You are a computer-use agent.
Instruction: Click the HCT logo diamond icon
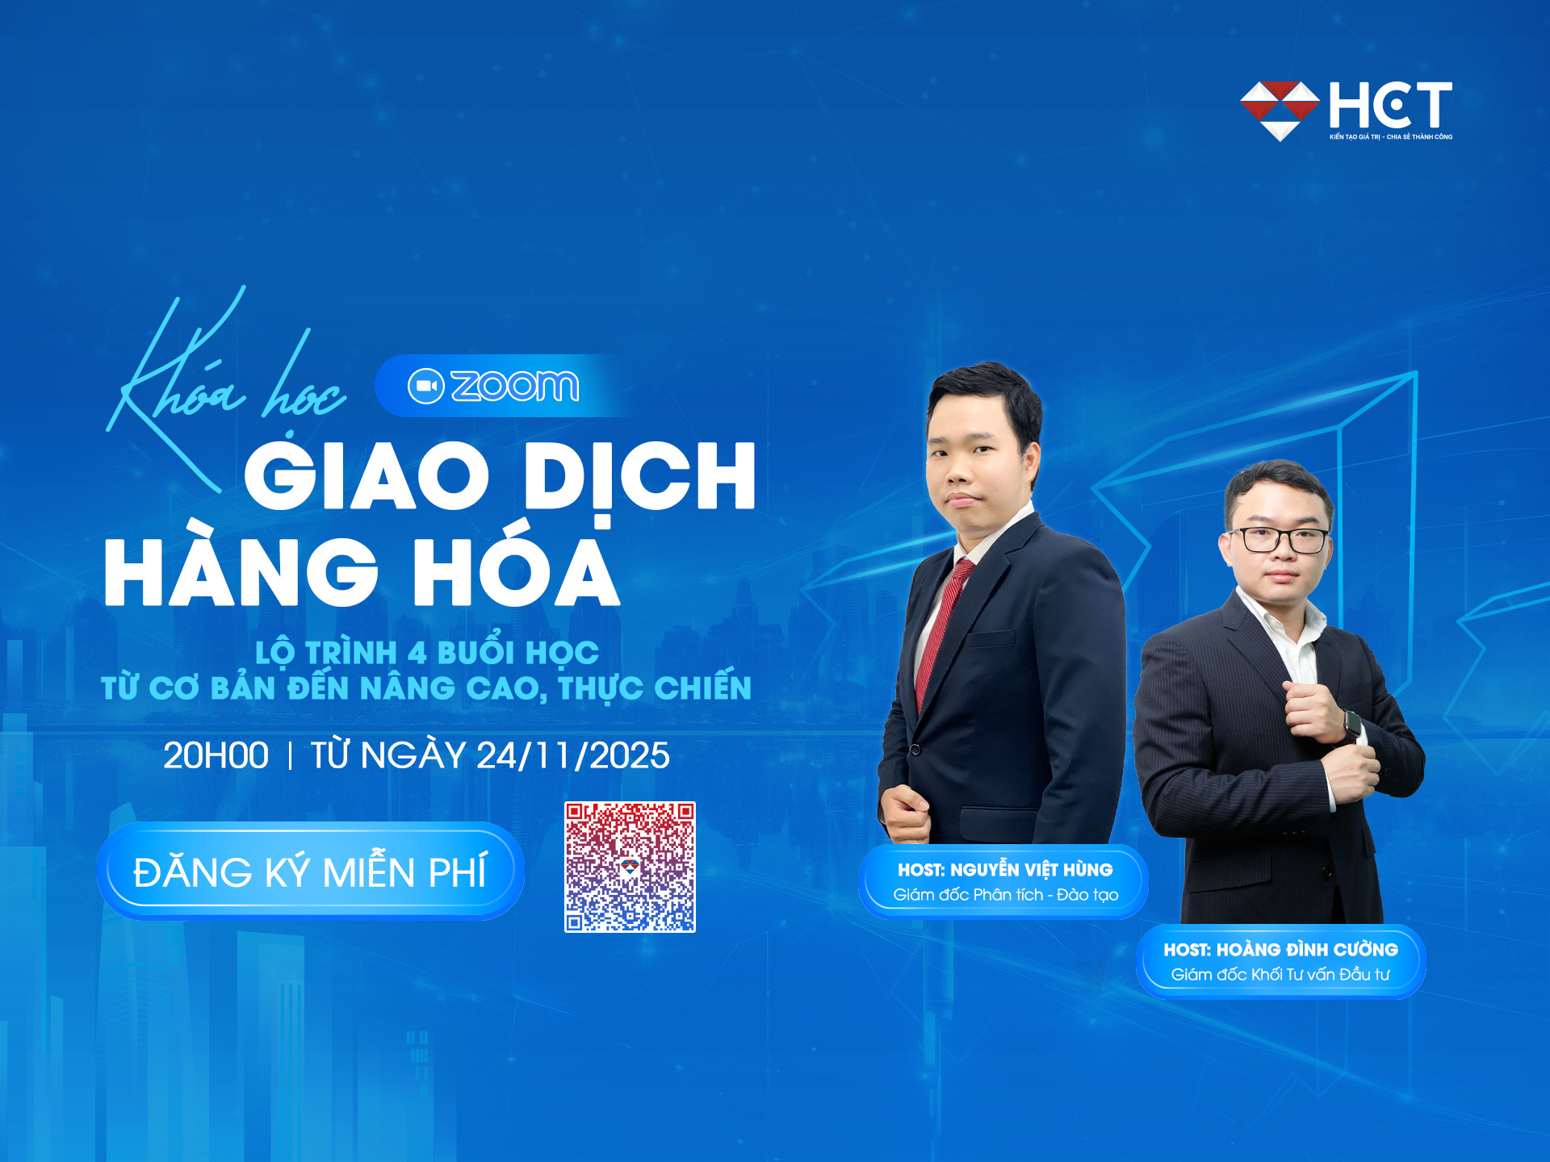coord(1280,110)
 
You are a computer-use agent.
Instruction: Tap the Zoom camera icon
coord(425,387)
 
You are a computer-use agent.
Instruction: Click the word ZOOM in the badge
coord(515,387)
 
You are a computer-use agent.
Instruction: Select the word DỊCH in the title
coord(639,477)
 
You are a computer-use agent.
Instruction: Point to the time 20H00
coord(216,756)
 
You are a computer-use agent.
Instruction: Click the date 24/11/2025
coord(572,756)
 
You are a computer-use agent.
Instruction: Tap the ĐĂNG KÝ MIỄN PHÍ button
coord(311,871)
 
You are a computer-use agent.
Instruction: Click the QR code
coord(630,867)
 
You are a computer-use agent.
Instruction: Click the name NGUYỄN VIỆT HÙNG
coord(1031,870)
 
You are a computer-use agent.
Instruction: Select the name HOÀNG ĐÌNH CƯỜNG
coord(1306,950)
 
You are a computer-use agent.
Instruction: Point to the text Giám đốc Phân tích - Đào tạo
coord(1005,895)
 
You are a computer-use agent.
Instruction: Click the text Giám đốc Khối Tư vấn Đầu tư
coord(1280,975)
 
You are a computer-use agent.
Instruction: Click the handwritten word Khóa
coord(178,379)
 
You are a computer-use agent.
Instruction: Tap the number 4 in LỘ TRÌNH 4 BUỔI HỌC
coord(417,653)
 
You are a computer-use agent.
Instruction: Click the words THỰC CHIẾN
coord(654,688)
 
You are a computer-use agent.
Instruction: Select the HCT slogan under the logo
coord(1390,137)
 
